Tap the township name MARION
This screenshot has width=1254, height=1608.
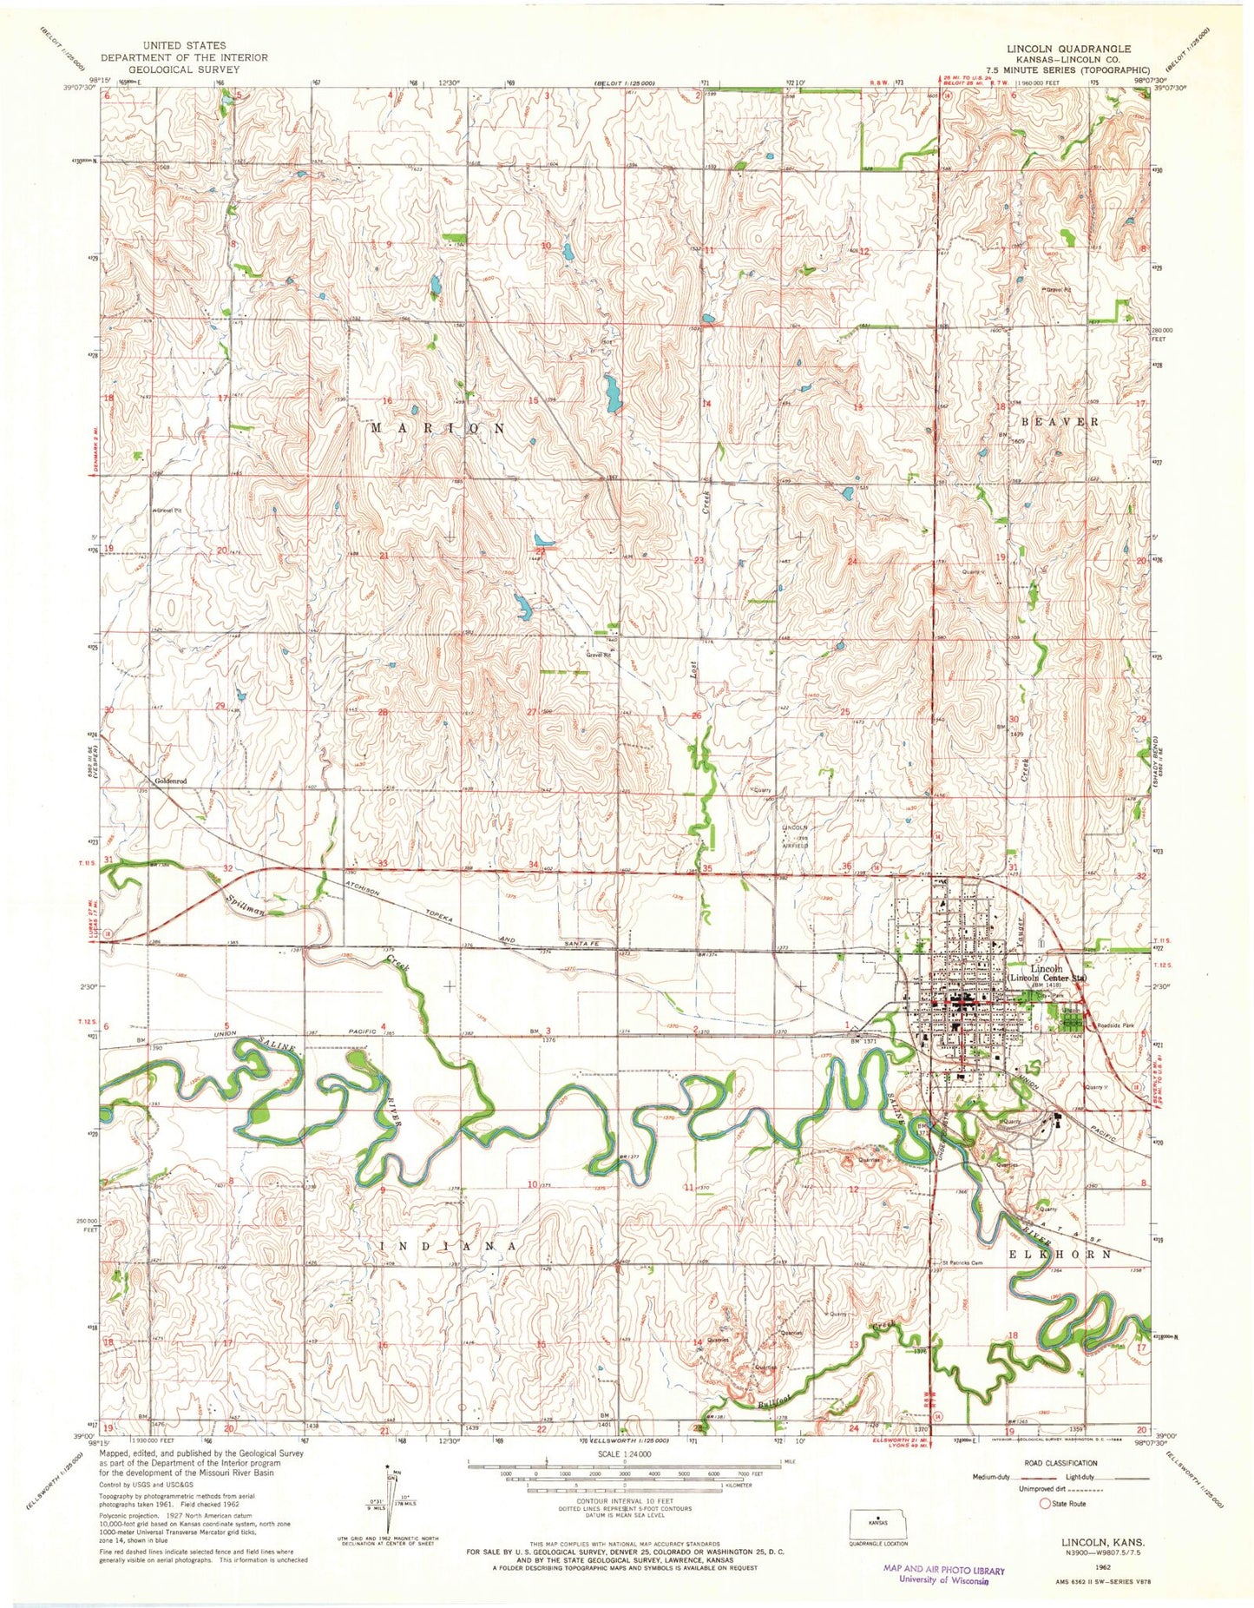438,429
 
